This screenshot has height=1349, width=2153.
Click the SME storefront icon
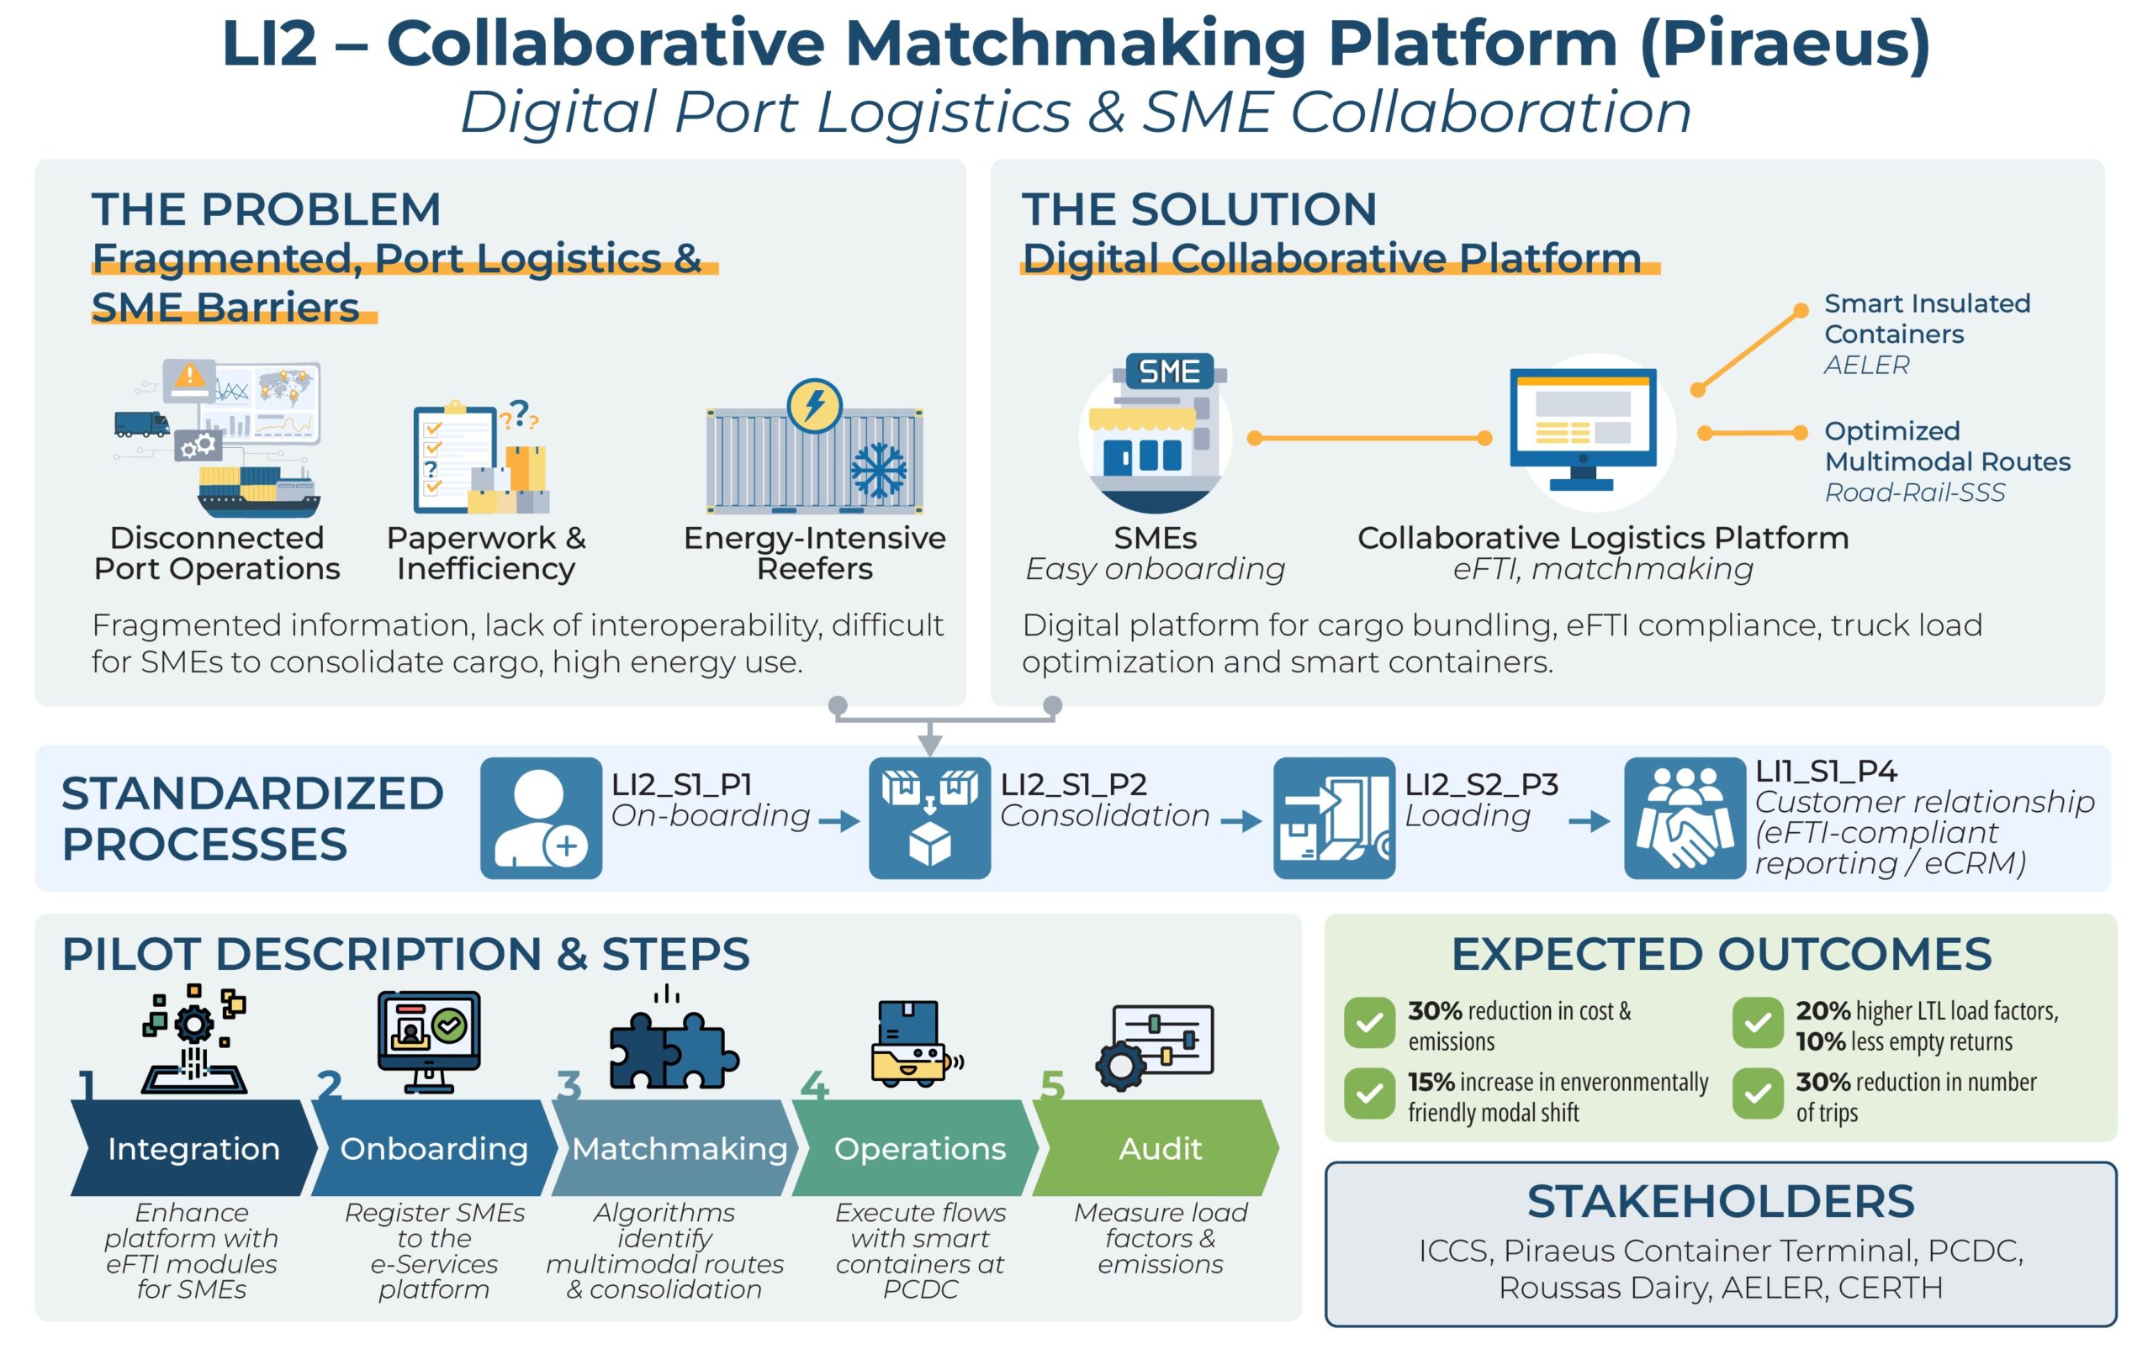(1155, 433)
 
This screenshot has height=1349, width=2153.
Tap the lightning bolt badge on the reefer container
(814, 406)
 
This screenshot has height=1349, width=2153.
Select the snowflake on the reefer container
(878, 470)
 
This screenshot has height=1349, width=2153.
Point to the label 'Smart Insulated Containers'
(1925, 319)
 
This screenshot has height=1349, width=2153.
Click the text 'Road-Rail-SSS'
(1914, 493)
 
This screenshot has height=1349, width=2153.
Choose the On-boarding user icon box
(541, 817)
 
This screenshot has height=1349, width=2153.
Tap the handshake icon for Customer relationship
(1684, 817)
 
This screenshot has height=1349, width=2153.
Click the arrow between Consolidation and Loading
(1240, 821)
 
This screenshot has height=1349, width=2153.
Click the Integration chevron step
(193, 1147)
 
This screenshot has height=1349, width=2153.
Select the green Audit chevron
(1159, 1147)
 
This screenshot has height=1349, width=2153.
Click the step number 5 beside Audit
(1052, 1086)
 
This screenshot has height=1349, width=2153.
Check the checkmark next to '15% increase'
(1369, 1093)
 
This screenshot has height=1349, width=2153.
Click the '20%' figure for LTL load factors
(1822, 1011)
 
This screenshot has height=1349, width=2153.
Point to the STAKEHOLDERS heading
(1720, 1201)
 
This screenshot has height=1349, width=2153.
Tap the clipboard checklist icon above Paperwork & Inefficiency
(455, 459)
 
